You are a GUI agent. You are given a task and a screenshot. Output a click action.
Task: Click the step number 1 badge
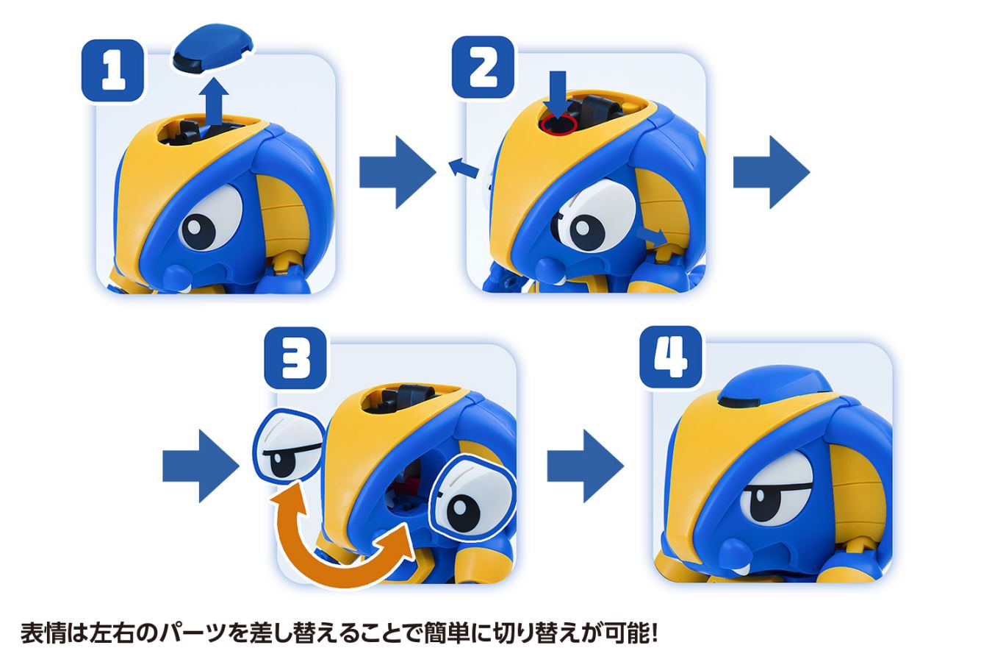coord(112,71)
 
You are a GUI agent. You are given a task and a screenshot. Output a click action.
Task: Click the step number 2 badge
coord(483,67)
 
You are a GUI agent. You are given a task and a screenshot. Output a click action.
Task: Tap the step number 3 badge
coord(295,358)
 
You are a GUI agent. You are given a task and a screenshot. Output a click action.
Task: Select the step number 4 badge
coord(670,357)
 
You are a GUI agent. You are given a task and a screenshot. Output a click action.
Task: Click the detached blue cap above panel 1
coord(213,51)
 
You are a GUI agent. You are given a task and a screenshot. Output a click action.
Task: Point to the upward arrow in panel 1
coord(215,103)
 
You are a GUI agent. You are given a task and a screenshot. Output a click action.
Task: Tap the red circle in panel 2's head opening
coord(556,127)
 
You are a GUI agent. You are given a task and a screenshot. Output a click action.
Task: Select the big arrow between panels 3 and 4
coord(584,466)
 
